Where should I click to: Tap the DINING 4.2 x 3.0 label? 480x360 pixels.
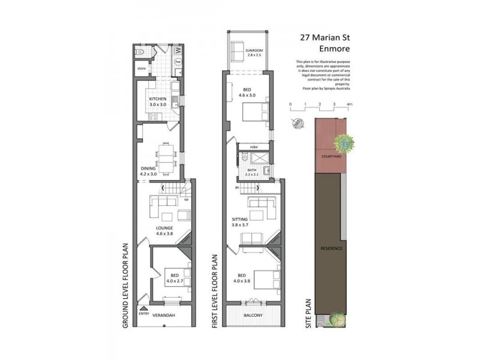(148, 172)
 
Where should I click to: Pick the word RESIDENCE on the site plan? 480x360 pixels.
(331, 247)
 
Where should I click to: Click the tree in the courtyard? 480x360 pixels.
(344, 143)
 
